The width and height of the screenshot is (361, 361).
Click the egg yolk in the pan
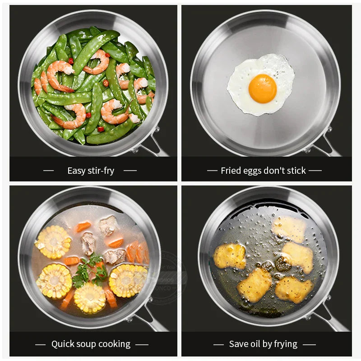pyautogui.click(x=262, y=88)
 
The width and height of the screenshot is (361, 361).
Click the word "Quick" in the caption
pyautogui.click(x=63, y=344)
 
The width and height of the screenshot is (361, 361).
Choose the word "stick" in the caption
pyautogui.click(x=296, y=171)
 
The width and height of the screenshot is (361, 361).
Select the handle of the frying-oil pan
pyautogui.click(x=332, y=320)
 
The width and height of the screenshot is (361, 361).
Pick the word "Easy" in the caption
pyautogui.click(x=76, y=171)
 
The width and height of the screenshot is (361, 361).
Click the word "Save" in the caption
pyautogui.click(x=238, y=344)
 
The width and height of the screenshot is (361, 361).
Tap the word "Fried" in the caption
pyautogui.click(x=231, y=171)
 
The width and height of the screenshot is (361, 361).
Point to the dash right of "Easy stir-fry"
pyautogui.click(x=130, y=171)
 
